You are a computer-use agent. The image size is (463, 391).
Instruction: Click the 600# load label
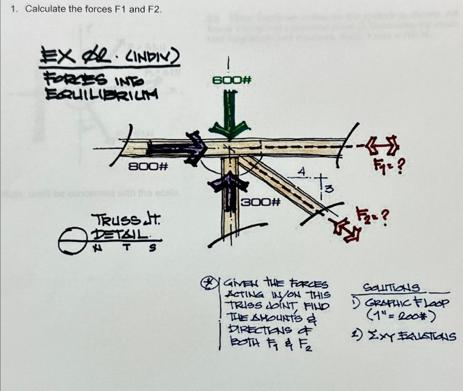pyautogui.click(x=232, y=81)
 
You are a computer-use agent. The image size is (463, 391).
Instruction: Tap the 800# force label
pyautogui.click(x=148, y=167)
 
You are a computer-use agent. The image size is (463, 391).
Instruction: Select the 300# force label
pyautogui.click(x=260, y=202)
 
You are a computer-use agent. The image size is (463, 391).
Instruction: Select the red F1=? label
pyautogui.click(x=389, y=167)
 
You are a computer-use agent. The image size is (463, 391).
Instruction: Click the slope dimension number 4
pyautogui.click(x=301, y=171)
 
